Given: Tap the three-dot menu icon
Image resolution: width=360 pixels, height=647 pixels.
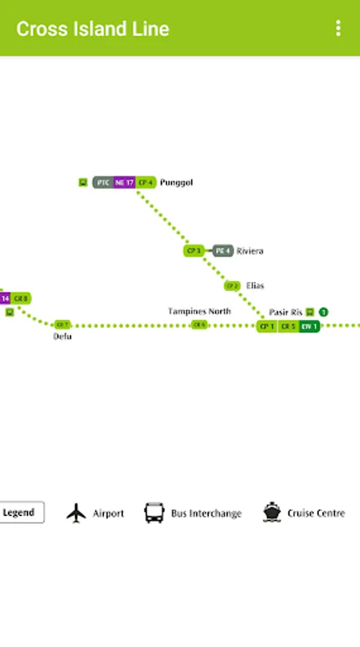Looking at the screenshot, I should [338, 28].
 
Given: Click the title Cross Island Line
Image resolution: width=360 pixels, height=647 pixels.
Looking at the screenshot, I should [93, 29].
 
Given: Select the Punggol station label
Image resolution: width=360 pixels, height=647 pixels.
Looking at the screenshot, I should [177, 183].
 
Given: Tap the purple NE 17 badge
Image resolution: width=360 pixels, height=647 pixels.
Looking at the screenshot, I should [124, 183].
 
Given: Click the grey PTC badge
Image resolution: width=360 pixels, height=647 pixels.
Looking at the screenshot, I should [103, 183].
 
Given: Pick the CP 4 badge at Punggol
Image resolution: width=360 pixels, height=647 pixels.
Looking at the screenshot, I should [146, 183].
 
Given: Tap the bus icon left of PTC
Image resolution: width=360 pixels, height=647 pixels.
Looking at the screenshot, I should [83, 183].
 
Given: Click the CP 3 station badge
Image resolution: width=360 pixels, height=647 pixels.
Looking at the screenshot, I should [193, 251].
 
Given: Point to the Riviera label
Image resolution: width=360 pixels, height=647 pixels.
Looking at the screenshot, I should [249, 251].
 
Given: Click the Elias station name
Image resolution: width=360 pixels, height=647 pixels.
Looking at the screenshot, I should [255, 285].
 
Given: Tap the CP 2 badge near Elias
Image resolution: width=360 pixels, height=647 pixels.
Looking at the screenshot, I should [231, 286].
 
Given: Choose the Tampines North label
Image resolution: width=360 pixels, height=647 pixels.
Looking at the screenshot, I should [200, 311].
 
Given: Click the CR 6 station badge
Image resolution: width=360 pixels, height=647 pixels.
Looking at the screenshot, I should [199, 325].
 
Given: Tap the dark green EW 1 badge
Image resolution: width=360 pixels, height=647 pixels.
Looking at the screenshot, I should [309, 326].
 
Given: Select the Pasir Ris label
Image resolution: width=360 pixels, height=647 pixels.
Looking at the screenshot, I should [285, 312].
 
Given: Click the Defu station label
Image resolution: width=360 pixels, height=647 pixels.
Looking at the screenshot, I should [63, 336].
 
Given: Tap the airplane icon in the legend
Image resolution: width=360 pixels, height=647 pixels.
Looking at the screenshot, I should [76, 513].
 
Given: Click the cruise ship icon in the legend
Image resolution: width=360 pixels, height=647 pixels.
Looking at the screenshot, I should [272, 513].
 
